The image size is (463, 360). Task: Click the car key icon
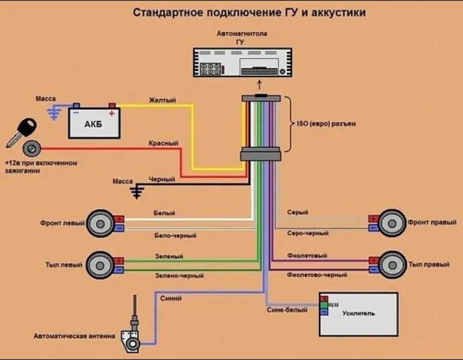tap(21, 132)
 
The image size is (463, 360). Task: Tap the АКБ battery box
tap(94, 122)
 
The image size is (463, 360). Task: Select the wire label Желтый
tap(162, 100)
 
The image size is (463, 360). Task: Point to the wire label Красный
tap(163, 143)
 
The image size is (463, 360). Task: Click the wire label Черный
tap(161, 180)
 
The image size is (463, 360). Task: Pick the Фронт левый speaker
tap(101, 223)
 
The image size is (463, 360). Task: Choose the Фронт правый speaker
tap(392, 223)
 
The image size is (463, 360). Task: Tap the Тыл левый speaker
tap(101, 265)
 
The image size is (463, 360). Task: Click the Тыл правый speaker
tap(392, 265)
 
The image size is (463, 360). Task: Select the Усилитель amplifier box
tap(358, 314)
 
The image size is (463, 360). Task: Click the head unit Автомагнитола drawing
tap(242, 62)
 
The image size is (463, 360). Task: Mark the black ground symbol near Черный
tap(137, 191)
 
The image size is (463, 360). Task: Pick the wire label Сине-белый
tap(290, 310)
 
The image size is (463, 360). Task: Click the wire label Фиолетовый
tap(307, 256)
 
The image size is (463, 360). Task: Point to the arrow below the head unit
tap(261, 85)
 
